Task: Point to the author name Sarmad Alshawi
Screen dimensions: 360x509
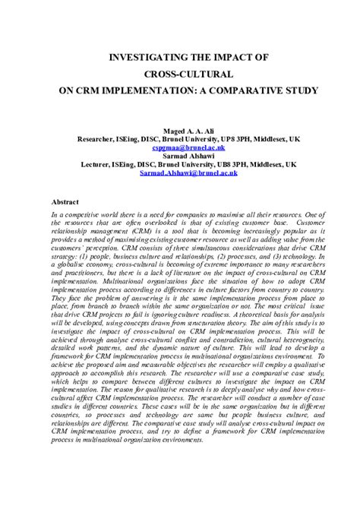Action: click(179, 156)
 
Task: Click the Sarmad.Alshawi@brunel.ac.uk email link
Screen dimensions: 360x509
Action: click(179, 172)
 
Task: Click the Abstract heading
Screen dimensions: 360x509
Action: click(65, 203)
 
